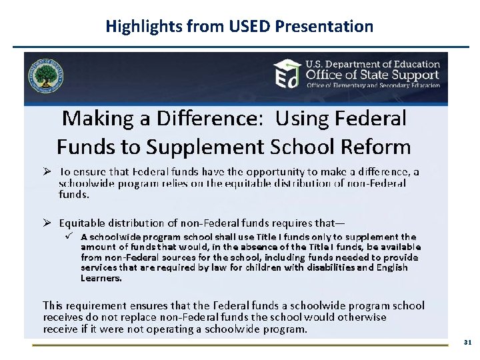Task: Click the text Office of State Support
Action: (x=372, y=75)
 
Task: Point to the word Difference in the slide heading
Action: (x=213, y=119)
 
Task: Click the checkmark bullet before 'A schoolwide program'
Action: (x=68, y=237)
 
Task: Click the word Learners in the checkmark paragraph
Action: (x=101, y=277)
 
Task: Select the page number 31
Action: (x=467, y=342)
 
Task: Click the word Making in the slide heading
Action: (x=97, y=119)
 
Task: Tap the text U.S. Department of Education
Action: (x=372, y=64)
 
